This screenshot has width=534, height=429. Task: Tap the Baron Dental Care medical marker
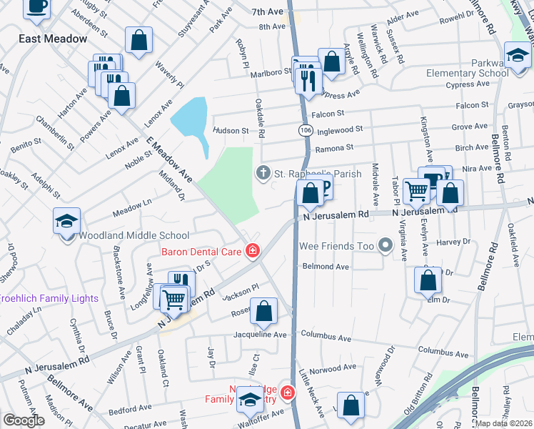click(252, 250)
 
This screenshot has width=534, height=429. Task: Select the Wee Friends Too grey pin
click(386, 246)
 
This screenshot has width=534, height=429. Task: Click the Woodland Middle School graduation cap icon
click(66, 221)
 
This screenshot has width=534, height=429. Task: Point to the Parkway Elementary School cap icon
click(518, 54)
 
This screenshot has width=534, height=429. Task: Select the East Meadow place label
click(53, 39)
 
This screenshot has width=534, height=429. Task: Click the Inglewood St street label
click(340, 129)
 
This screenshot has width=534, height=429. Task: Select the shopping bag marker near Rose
click(263, 311)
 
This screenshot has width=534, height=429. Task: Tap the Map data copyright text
click(504, 423)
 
